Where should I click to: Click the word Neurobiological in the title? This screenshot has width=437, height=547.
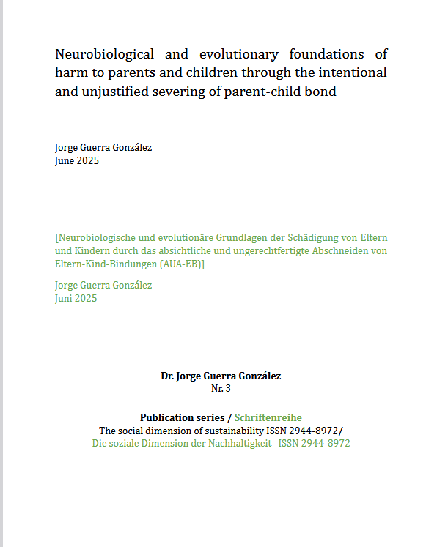pyautogui.click(x=105, y=54)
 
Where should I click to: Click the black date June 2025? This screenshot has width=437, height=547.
pyautogui.click(x=77, y=160)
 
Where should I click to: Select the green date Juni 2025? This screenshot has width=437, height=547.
pyautogui.click(x=76, y=298)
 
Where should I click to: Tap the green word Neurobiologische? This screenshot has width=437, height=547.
pyautogui.click(x=99, y=238)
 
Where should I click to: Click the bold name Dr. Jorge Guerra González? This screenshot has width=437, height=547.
pyautogui.click(x=221, y=376)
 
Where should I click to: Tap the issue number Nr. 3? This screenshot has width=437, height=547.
pyautogui.click(x=221, y=388)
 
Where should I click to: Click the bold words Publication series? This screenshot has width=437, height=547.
pyautogui.click(x=183, y=417)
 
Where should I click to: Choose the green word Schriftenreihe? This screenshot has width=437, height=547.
pyautogui.click(x=268, y=417)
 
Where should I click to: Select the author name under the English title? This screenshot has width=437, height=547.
pyautogui.click(x=103, y=148)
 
